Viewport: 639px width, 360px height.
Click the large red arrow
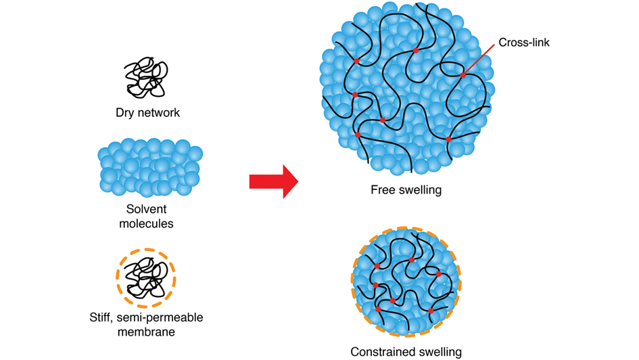273,181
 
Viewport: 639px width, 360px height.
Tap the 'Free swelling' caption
406,190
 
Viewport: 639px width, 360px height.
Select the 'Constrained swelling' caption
406,352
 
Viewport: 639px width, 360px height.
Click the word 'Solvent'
146,210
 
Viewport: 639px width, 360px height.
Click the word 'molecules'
146,223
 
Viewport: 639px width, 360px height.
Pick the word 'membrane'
146,332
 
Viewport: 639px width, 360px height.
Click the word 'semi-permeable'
160,318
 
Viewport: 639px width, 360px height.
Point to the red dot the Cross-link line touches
463,75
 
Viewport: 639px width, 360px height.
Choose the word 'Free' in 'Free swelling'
383,190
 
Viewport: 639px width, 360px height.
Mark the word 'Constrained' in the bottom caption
383,352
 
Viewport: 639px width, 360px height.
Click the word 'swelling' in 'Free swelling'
419,190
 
